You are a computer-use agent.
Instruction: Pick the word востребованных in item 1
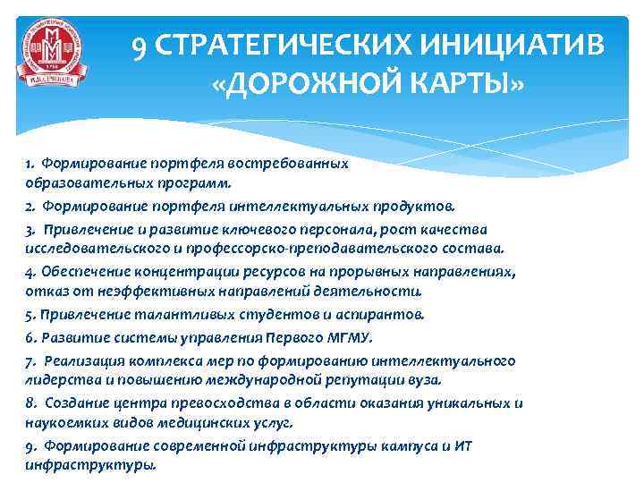(295, 164)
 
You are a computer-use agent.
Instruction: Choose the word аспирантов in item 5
(387, 314)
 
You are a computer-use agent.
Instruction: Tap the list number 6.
(30, 337)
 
